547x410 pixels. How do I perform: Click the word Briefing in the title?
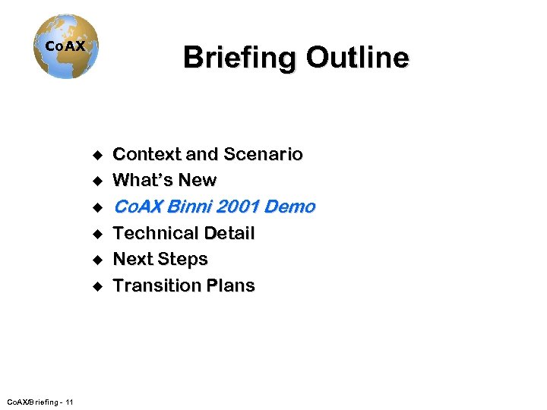[239, 58]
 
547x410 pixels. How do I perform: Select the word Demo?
[289, 207]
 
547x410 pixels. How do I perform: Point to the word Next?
[133, 260]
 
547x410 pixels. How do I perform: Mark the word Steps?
[183, 260]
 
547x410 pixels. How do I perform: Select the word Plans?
[232, 285]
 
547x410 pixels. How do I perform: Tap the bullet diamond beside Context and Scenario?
[96, 156]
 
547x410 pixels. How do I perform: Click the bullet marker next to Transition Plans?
[96, 286]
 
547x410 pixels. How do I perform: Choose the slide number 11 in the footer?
[69, 402]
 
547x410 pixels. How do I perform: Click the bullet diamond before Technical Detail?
[96, 234]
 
